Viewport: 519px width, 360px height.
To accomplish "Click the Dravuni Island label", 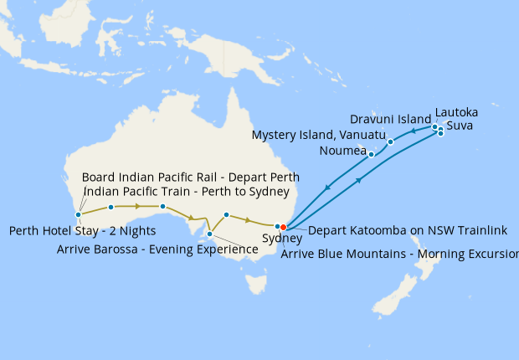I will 391,120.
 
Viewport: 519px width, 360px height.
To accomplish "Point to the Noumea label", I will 343,151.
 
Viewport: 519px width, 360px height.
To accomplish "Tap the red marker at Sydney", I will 283,226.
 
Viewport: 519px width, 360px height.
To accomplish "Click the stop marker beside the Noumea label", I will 371,154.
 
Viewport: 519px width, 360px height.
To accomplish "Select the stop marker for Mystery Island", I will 390,141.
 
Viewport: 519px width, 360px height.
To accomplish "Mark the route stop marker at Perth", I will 78,215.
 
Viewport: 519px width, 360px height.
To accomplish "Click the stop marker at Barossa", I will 209,234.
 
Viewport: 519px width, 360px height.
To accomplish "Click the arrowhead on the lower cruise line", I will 359,179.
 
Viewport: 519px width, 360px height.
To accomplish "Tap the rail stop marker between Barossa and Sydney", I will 227,214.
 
